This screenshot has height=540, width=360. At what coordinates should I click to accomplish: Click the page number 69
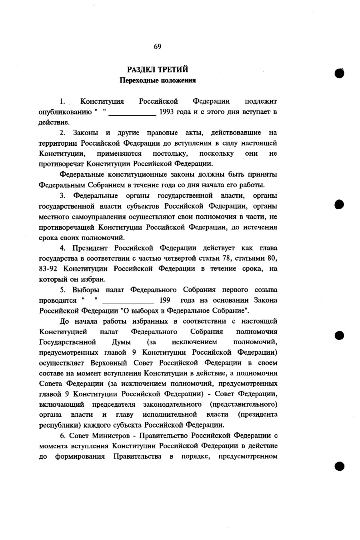click(157, 47)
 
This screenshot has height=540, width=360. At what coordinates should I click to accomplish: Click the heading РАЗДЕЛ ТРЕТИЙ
click(158, 70)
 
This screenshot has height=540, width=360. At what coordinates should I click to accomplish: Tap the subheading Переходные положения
click(158, 80)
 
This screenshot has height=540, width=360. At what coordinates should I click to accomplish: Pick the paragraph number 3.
click(62, 196)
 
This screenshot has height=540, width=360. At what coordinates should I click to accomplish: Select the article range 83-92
click(48, 269)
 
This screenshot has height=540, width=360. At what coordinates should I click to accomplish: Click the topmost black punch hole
click(340, 73)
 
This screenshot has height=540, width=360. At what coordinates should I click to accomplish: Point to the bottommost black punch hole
click(340, 466)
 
